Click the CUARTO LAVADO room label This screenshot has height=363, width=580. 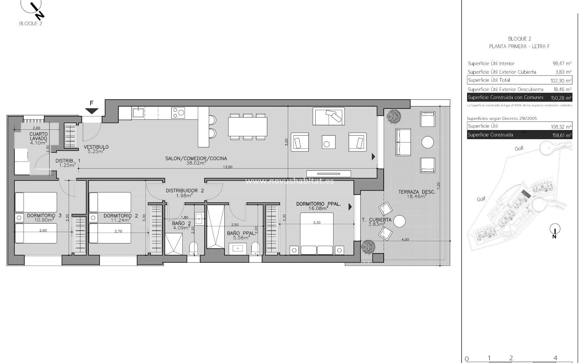38,136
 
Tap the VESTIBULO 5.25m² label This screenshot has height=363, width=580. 96,149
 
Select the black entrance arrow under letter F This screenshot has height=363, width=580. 92,111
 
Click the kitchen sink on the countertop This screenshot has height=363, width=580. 138,113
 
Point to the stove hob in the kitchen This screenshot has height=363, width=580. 178,113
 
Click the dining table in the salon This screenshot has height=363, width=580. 247,127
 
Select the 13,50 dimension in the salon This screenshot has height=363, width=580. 227,167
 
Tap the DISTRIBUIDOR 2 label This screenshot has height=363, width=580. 185,193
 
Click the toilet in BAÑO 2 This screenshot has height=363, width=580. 193,248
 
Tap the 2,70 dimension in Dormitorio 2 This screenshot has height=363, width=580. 118,231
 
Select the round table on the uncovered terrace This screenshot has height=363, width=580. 427,142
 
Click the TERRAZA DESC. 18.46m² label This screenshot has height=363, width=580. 417,194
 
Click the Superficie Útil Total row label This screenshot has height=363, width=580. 489,80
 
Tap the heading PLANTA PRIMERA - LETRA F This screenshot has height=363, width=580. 519,47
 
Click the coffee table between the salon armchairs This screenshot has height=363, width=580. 328,142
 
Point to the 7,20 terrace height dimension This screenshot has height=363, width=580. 439,185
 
